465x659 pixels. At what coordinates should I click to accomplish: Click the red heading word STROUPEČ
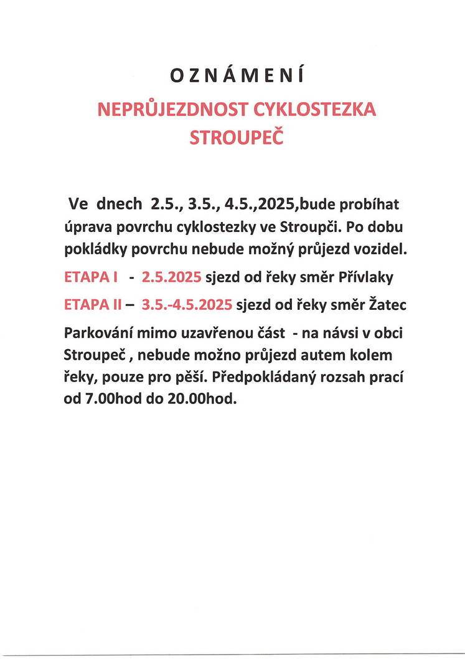coord(236,137)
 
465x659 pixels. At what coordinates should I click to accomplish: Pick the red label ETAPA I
coord(91,277)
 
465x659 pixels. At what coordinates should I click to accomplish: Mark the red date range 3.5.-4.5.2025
coord(187,305)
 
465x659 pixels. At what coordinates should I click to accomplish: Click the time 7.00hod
coord(113,400)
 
